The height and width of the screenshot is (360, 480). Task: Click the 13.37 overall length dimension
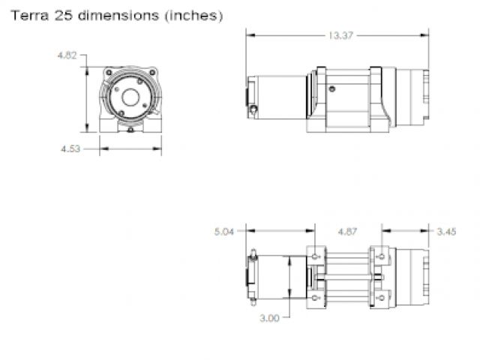[x=340, y=35]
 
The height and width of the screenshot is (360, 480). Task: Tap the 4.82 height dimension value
[x=67, y=55]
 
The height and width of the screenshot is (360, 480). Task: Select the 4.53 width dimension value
[x=70, y=148]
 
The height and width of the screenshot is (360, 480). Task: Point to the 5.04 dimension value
[x=224, y=232]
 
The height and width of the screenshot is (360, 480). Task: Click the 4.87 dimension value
[x=347, y=232]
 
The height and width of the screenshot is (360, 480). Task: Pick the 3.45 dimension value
[x=447, y=232]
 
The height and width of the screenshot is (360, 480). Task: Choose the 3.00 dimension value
[x=269, y=318]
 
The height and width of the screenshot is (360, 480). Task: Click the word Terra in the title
[x=30, y=15]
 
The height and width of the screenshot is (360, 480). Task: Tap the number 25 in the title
[x=64, y=15]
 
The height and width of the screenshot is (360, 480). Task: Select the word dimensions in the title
[x=118, y=15]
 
